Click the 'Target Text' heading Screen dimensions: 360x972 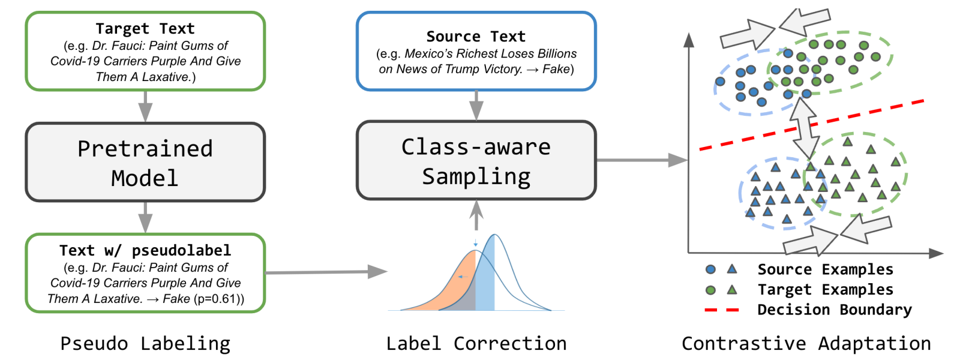[145, 28]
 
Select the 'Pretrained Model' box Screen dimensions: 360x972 [145, 163]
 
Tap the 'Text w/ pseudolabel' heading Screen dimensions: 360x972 [145, 250]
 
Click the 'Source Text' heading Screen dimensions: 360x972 [476, 37]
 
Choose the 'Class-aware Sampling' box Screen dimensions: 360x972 [476, 161]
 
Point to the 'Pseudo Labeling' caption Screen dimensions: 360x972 [145, 343]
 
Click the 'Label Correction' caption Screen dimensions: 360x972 [476, 343]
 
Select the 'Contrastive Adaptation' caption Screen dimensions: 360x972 [806, 343]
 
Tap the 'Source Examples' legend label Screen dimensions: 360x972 [825, 269]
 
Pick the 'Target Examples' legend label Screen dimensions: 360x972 [825, 290]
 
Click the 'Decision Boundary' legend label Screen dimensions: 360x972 [834, 310]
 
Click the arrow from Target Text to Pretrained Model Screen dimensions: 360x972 [145, 106]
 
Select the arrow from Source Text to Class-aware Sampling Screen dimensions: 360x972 [476, 105]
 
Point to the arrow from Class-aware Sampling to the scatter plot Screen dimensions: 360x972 [642, 160]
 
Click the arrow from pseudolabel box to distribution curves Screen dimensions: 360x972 [327, 272]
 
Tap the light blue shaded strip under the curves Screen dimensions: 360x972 [485, 282]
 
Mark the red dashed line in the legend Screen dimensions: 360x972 [722, 310]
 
